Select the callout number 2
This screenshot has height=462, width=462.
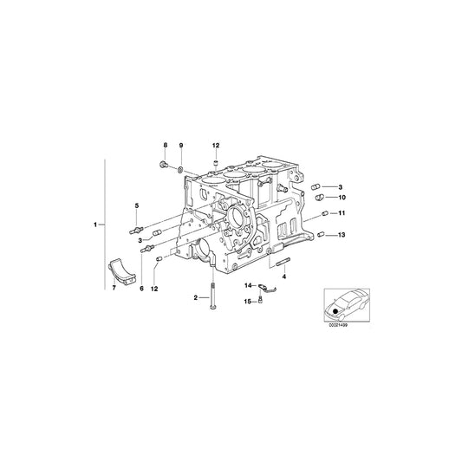coord(197,298)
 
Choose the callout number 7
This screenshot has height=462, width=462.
coord(113,287)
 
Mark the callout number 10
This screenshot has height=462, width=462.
coord(342,197)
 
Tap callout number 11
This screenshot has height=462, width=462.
coord(342,213)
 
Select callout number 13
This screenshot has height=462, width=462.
coord(342,235)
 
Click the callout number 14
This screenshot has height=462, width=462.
coord(247,285)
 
